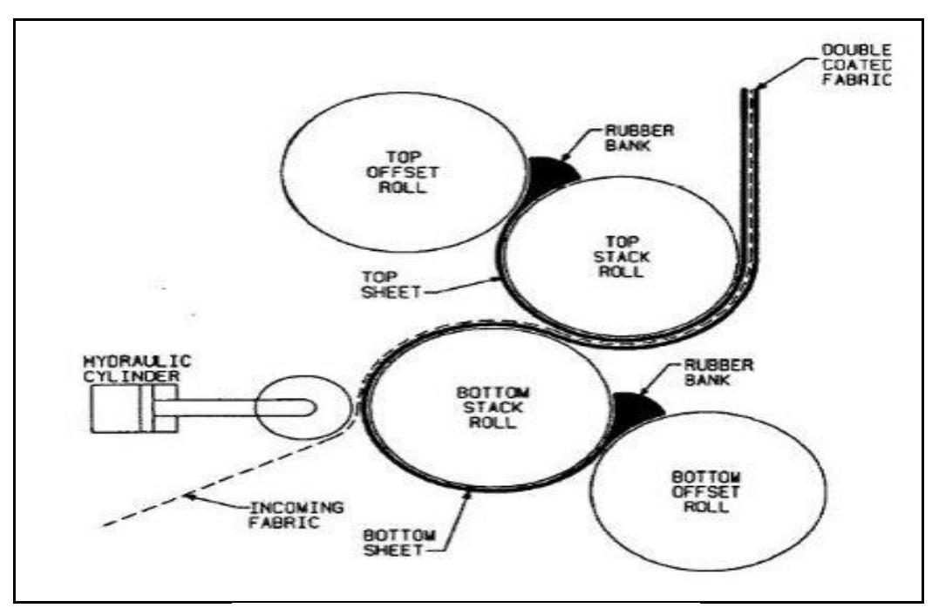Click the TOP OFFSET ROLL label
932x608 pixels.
(x=403, y=172)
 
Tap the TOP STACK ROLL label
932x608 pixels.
(x=621, y=257)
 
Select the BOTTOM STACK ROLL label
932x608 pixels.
(x=493, y=408)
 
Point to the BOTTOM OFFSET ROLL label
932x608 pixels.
(x=706, y=492)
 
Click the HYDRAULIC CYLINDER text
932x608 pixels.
(x=137, y=368)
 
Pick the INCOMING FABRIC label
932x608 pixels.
(x=296, y=516)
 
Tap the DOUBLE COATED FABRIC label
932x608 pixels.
(x=856, y=65)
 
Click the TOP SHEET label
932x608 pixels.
(x=391, y=285)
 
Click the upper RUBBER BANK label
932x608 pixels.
(x=640, y=138)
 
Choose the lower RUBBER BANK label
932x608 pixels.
(x=718, y=372)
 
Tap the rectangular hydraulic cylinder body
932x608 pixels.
(x=133, y=409)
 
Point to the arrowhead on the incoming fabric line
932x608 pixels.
(x=188, y=496)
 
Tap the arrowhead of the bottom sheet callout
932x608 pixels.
(x=468, y=492)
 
